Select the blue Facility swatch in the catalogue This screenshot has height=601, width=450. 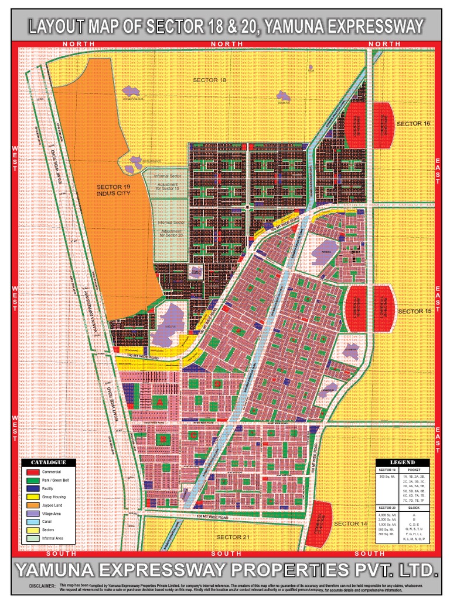coord(33,488)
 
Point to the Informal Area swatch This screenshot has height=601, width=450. coord(33,538)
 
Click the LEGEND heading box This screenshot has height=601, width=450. coord(403,462)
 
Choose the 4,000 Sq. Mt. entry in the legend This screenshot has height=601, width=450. coord(387,514)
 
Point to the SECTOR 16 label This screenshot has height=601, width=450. coord(413,124)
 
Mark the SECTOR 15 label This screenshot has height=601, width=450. coord(413,310)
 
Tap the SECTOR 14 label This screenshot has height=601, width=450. coord(349,523)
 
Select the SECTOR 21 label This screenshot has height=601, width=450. coord(229,537)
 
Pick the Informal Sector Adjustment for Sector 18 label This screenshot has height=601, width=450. coord(169,181)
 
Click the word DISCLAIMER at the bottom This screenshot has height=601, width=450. coord(41,586)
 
